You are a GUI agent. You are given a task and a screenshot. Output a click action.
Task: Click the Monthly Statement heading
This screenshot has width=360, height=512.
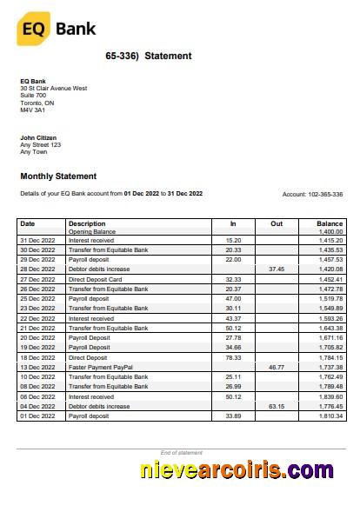point(58,176)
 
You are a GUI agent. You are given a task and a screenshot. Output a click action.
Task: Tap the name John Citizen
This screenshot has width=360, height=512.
point(39,137)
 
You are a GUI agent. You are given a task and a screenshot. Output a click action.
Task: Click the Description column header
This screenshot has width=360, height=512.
point(87,224)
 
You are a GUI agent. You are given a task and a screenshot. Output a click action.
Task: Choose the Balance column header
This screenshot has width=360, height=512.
point(330,224)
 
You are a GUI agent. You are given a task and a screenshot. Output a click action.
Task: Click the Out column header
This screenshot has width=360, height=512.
point(277,224)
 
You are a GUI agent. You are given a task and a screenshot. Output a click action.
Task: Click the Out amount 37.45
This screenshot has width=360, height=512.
point(277,269)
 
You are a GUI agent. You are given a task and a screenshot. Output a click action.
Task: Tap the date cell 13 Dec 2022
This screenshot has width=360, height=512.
point(37,368)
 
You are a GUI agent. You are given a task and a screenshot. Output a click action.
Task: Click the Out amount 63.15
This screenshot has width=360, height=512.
point(277,406)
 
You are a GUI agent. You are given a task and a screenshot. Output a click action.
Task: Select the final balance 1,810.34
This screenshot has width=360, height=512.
point(330,416)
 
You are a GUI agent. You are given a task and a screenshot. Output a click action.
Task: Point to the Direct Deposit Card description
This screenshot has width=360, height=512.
point(95,279)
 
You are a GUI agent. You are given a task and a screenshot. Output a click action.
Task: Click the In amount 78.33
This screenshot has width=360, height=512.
point(232,357)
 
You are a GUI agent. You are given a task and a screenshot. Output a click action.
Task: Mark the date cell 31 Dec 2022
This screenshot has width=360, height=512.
point(37,240)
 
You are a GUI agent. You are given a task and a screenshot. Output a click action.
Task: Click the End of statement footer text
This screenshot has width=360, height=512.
point(181,453)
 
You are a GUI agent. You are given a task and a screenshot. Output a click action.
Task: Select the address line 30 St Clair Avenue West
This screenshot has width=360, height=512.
point(54,89)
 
